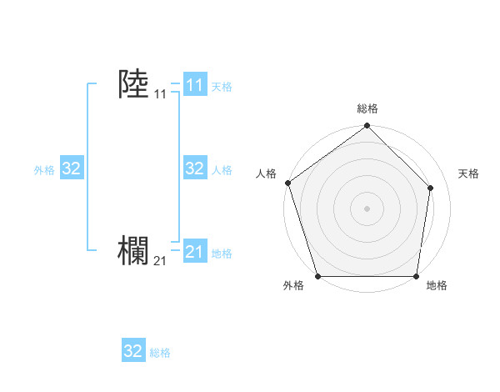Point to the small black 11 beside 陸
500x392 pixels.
[x=160, y=94]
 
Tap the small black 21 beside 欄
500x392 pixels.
[x=160, y=261]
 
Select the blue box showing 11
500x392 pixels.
[x=194, y=84]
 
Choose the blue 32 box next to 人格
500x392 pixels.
[x=194, y=168]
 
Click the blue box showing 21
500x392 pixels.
[x=194, y=252]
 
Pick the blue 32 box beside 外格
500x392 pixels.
[x=71, y=168]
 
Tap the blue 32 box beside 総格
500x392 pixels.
[x=132, y=351]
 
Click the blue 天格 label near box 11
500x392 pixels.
[x=222, y=86]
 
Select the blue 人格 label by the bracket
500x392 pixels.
[x=222, y=170]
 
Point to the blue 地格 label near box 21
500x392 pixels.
[x=222, y=254]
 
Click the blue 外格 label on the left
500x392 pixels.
[x=44, y=170]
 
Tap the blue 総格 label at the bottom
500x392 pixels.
[x=160, y=353]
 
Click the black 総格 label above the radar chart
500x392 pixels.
[x=367, y=108]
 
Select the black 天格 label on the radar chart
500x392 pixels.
[x=469, y=173]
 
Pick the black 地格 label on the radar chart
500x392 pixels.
[x=437, y=285]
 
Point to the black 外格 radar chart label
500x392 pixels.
[x=293, y=285]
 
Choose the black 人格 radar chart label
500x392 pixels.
[x=266, y=173]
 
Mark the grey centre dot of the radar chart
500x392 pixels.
[x=367, y=208]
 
